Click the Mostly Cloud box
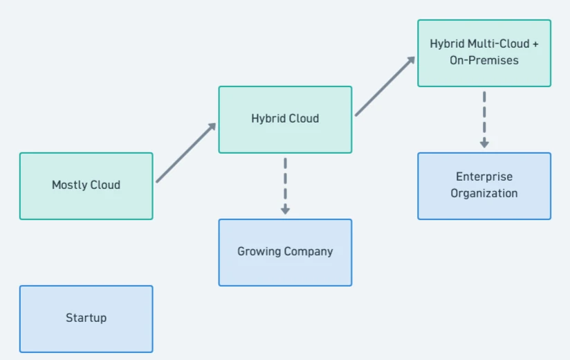tap(86, 186)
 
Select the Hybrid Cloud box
tap(286, 120)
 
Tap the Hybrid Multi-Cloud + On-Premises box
tap(484, 53)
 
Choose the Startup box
tap(86, 319)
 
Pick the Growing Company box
tap(286, 253)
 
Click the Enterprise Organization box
tap(484, 186)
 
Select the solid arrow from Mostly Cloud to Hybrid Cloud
tap(186, 153)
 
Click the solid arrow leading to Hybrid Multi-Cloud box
tap(385, 86)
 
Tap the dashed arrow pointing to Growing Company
tap(286, 186)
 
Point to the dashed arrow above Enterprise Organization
tap(484, 120)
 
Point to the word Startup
tap(86, 318)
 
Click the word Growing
tap(259, 251)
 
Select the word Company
tap(309, 251)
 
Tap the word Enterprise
tap(484, 177)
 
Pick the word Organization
tap(484, 193)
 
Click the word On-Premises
tap(484, 60)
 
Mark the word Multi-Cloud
tap(499, 44)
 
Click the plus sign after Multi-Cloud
tap(535, 44)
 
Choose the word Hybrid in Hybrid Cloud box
tap(267, 118)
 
